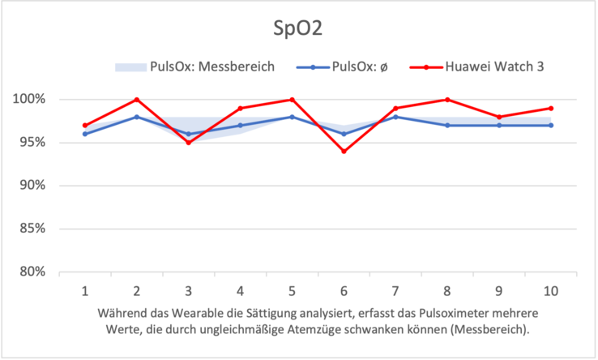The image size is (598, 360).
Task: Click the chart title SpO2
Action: click(x=298, y=29)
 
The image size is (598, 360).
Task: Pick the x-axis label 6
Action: click(x=344, y=290)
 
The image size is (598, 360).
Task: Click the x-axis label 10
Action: click(x=551, y=290)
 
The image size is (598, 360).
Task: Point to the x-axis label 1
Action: click(x=84, y=290)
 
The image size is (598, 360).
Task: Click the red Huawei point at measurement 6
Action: click(x=344, y=152)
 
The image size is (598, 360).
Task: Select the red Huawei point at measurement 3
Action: click(x=189, y=143)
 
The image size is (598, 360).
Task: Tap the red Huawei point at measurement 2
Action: click(x=137, y=100)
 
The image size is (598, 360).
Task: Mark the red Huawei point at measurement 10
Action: click(x=551, y=108)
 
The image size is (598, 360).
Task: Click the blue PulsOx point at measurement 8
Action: click(x=447, y=126)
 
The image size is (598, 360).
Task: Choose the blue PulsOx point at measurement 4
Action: click(x=241, y=126)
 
